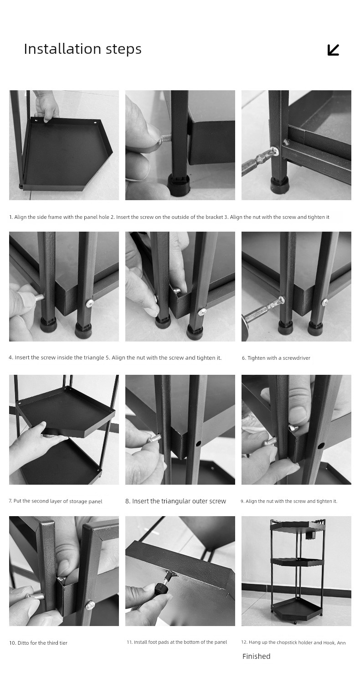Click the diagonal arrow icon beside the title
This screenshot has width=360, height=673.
[x=333, y=50]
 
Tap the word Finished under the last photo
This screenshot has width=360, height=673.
[x=256, y=656]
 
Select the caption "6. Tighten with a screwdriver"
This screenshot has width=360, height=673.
[x=276, y=358]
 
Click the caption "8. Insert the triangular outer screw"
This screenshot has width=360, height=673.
[x=175, y=501]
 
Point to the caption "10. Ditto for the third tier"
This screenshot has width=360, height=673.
[x=38, y=643]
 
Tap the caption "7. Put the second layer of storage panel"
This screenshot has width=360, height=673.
[x=56, y=501]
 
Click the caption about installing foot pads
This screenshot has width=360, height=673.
[x=177, y=642]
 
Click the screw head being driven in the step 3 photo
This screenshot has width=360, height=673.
[x=274, y=151]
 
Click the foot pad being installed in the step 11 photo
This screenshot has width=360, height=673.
[x=162, y=588]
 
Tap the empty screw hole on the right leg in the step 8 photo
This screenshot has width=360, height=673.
[x=199, y=443]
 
